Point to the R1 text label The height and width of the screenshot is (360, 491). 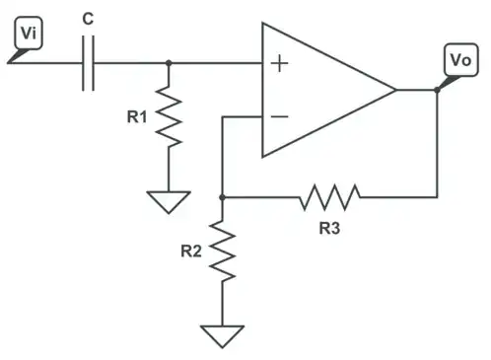tap(137, 117)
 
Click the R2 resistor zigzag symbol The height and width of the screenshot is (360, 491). tap(225, 252)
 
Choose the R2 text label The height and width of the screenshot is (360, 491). tap(192, 251)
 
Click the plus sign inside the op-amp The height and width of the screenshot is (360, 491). tap(280, 64)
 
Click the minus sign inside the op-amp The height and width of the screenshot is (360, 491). tap(280, 116)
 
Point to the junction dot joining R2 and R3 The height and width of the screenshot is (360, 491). tap(225, 196)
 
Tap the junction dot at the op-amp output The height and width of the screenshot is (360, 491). tap(436, 90)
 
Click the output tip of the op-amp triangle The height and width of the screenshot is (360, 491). tap(395, 90)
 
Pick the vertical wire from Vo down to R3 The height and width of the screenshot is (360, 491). tap(436, 148)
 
